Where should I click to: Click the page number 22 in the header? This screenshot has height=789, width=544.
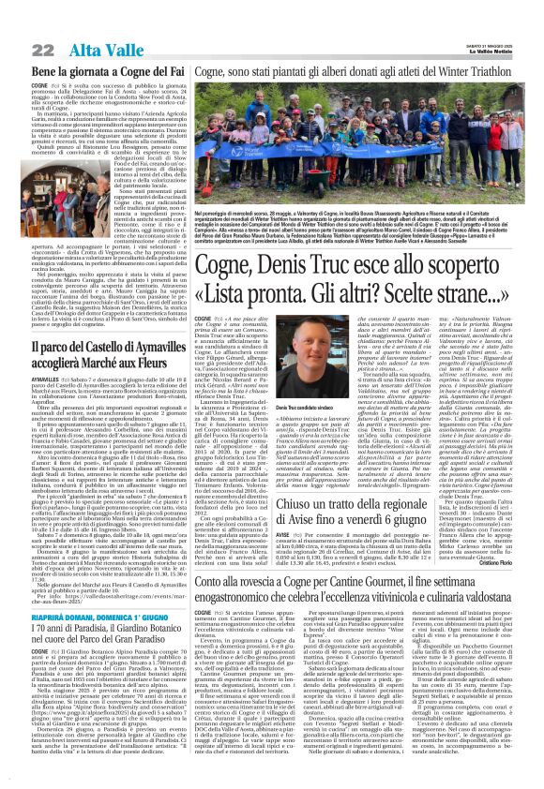point(18,21)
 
